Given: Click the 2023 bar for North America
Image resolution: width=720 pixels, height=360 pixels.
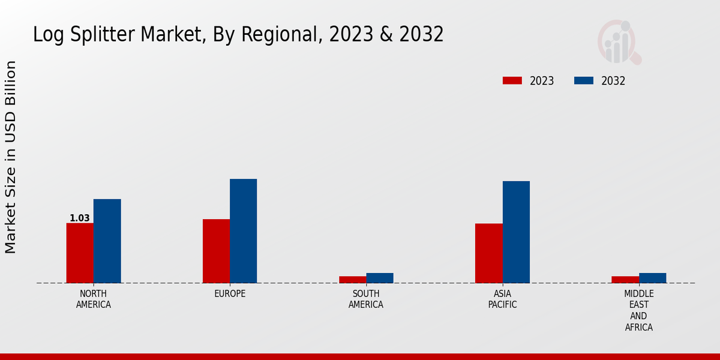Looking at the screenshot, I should pyautogui.click(x=80, y=253).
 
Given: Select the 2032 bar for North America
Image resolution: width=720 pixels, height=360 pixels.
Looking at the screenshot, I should pyautogui.click(x=107, y=241).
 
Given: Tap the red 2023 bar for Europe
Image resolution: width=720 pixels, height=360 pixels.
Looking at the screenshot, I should pyautogui.click(x=216, y=251).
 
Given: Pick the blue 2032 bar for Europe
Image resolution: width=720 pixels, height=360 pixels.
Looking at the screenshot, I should pyautogui.click(x=243, y=230).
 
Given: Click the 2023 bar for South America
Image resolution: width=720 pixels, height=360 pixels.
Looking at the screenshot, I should pyautogui.click(x=352, y=280).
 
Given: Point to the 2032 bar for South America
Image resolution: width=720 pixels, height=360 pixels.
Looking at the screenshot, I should pyautogui.click(x=380, y=278).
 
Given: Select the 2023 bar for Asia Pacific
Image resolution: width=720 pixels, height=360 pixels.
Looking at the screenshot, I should pyautogui.click(x=488, y=253).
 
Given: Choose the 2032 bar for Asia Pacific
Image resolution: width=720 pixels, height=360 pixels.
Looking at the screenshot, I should pyautogui.click(x=516, y=232).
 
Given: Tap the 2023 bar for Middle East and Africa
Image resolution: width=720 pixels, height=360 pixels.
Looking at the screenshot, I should pyautogui.click(x=625, y=280).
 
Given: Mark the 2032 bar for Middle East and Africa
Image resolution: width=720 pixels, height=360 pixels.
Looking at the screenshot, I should pyautogui.click(x=652, y=278).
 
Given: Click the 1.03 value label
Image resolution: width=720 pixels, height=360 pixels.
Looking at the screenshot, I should pyautogui.click(x=79, y=218).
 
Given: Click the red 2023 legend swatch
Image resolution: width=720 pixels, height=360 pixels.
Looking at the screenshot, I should pyautogui.click(x=512, y=81).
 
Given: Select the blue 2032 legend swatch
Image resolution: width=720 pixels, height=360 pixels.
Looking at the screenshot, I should pyautogui.click(x=584, y=81).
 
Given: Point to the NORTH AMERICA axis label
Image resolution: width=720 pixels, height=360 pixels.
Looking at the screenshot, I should pyautogui.click(x=94, y=299).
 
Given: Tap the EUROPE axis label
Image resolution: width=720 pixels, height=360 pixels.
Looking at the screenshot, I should pyautogui.click(x=230, y=294).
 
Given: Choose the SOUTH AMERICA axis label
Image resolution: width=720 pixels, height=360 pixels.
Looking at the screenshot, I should pyautogui.click(x=366, y=299).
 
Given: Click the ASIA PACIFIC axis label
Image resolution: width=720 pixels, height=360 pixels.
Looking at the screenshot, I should pyautogui.click(x=502, y=299).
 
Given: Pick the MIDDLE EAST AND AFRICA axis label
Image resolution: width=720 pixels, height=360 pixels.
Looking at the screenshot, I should pyautogui.click(x=638, y=310).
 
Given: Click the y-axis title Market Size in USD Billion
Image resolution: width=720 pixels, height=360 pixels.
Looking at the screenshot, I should pyautogui.click(x=11, y=157).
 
